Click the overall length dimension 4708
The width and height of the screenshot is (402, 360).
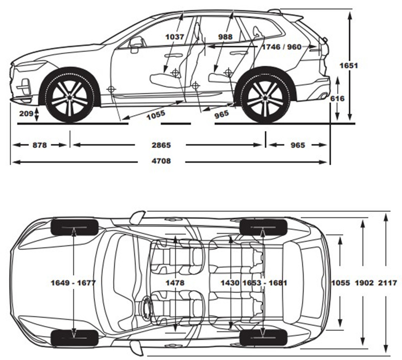coord(161,161)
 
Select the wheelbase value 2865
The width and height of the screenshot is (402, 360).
coord(161,145)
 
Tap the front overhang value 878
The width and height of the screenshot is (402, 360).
coord(39,145)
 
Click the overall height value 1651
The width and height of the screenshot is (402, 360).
coord(348,65)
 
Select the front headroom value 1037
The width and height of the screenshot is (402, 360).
coord(175,37)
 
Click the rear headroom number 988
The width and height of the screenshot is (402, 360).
coord(225,37)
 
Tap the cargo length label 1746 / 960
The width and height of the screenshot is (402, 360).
coord(281,47)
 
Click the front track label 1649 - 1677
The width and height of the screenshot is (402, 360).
coord(73,283)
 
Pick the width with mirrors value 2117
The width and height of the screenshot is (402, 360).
coord(387,283)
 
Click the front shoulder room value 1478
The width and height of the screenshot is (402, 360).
coord(175,283)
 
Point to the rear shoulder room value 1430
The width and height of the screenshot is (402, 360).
coord(230,283)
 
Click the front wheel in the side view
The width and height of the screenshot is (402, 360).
coord(70,97)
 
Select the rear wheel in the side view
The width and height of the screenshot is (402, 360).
coord(265,97)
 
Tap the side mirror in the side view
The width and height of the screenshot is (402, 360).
coord(136,43)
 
